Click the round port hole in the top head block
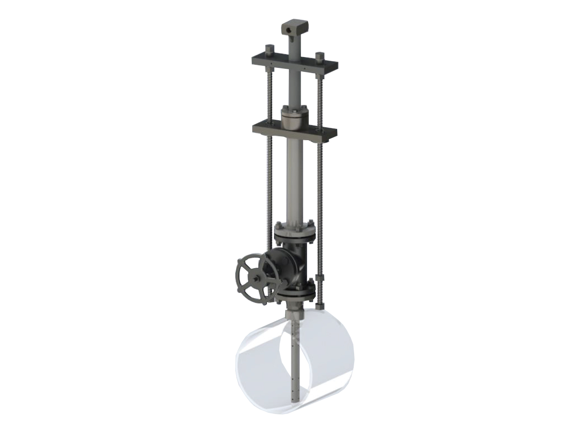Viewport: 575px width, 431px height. (289, 30)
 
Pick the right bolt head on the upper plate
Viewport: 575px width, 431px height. (320, 57)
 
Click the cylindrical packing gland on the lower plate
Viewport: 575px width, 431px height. (295, 119)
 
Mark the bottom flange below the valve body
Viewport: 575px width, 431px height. (295, 291)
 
